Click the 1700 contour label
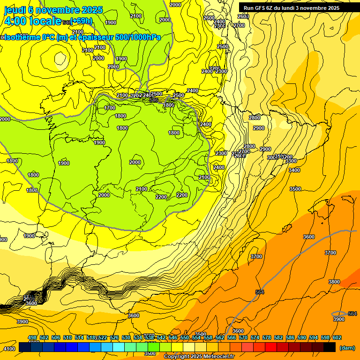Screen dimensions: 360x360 tap(110, 108)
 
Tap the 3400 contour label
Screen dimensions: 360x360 tap(294, 170)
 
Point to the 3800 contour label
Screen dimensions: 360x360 tap(334, 282)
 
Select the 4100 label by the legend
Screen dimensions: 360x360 tap(9, 349)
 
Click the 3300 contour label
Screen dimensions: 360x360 tap(291, 161)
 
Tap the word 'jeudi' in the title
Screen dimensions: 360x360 tap(14, 10)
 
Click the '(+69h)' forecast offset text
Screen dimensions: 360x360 tap(81, 21)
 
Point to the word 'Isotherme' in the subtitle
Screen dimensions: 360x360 tap(22, 37)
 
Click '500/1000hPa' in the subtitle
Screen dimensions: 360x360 tap(138, 37)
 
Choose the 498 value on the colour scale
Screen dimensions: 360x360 tap(32, 337)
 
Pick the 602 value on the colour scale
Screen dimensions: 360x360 tap(337, 337)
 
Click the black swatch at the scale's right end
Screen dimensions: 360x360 tap(330, 347)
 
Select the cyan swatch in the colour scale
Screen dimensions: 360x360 tap(119, 347)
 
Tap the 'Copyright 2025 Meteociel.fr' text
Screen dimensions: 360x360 tap(199, 356)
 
